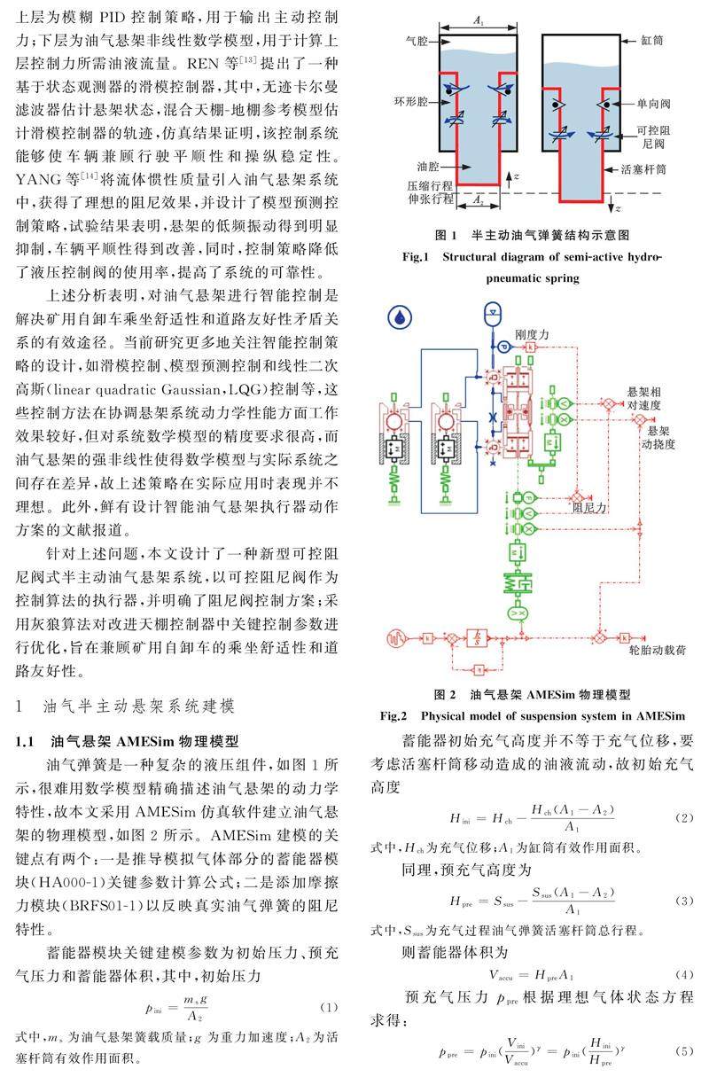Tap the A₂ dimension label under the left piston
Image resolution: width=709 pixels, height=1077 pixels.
477,201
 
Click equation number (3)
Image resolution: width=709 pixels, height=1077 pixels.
684,900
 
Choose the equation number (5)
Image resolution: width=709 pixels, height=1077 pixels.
684,1052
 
